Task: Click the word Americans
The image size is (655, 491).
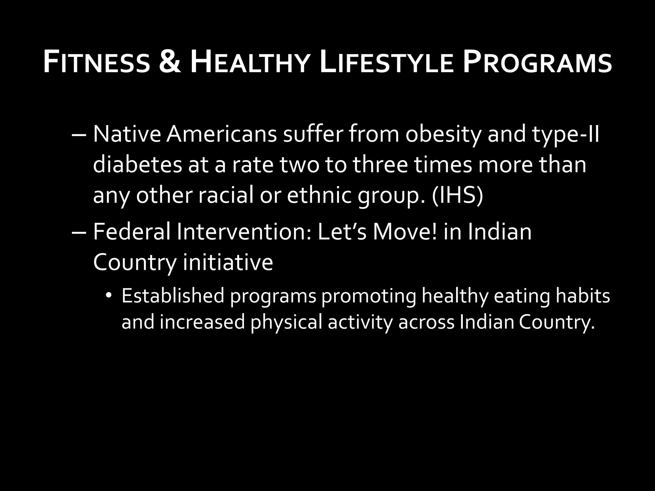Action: click(221, 134)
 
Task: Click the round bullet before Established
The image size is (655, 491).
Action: click(109, 296)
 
